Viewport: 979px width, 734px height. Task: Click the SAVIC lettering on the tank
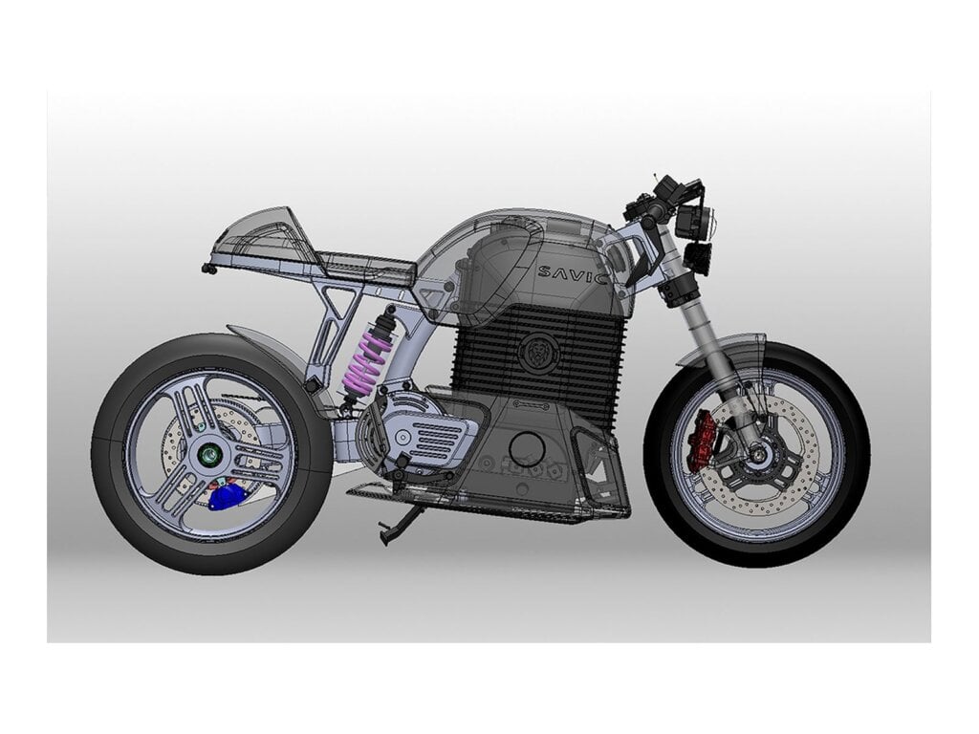click(x=573, y=274)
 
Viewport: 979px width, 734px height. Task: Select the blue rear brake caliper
click(x=226, y=497)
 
